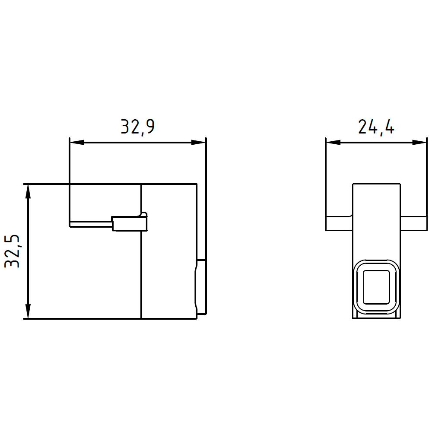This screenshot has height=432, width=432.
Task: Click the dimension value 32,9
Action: coord(137,127)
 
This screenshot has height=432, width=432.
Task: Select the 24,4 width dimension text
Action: coord(376,127)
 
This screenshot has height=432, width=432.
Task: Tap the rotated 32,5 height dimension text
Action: coord(13,252)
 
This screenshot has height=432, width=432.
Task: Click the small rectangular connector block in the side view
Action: coord(130,223)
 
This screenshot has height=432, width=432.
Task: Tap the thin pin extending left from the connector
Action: coord(91,224)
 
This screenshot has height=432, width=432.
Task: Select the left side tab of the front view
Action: coord(339,223)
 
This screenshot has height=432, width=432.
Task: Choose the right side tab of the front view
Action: coord(413,223)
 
